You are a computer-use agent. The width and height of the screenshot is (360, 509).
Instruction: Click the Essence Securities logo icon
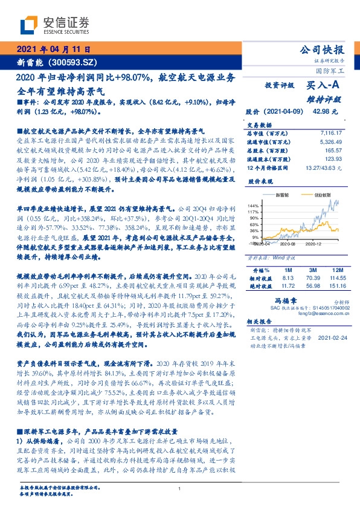(x=28, y=25)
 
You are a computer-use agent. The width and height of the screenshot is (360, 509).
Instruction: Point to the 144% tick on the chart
(x=252, y=206)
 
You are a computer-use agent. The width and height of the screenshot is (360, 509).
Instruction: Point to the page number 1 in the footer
(x=179, y=488)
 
